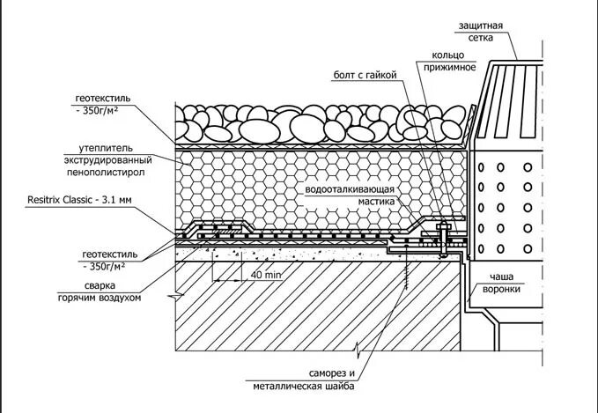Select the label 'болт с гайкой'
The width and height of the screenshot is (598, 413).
(365, 74)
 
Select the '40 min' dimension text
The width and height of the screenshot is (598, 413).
(265, 275)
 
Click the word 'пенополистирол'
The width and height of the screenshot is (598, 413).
(122, 173)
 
